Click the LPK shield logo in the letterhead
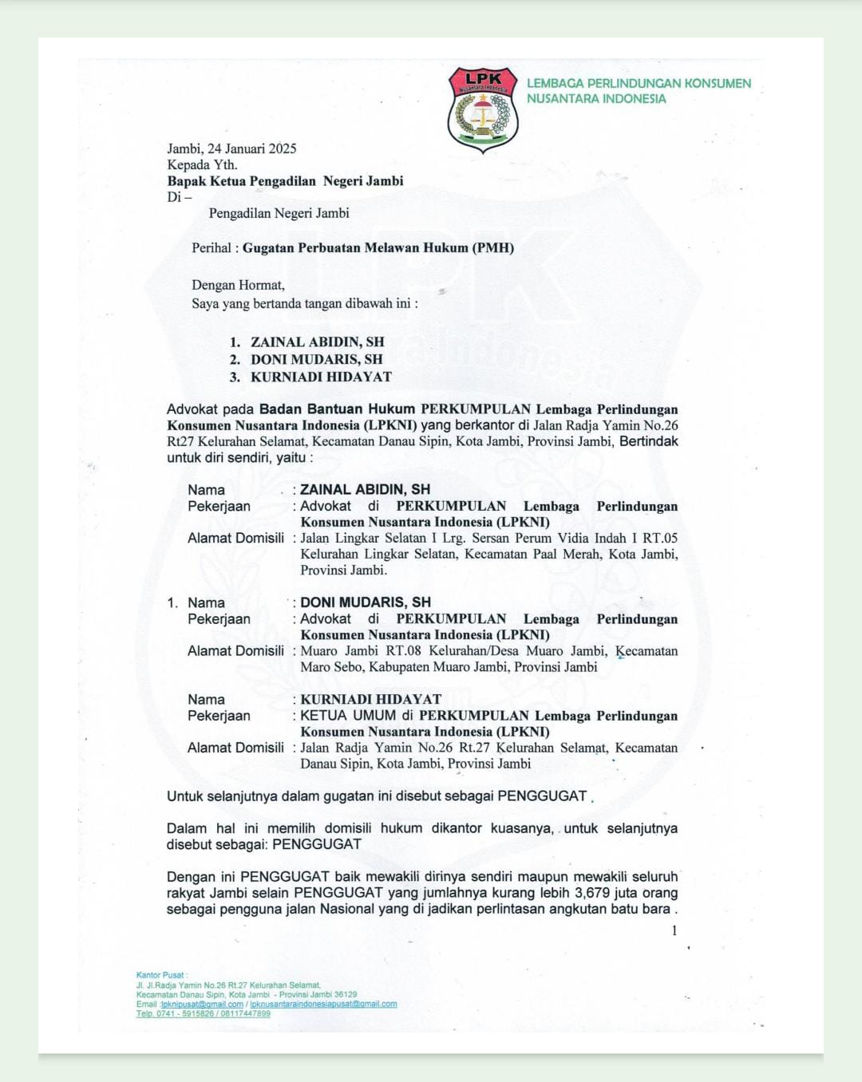point(482,110)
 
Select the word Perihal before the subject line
point(212,247)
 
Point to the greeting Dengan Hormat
point(238,285)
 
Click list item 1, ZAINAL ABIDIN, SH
point(317,342)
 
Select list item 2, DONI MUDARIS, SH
point(316,359)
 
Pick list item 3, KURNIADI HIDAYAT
point(321,377)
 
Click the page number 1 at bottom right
point(674,930)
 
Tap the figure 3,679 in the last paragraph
point(592,893)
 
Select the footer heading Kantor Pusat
point(160,975)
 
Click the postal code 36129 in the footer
point(346,995)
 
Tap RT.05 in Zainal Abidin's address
point(659,538)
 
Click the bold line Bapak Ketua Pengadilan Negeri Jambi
point(285,181)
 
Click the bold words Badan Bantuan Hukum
point(337,409)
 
